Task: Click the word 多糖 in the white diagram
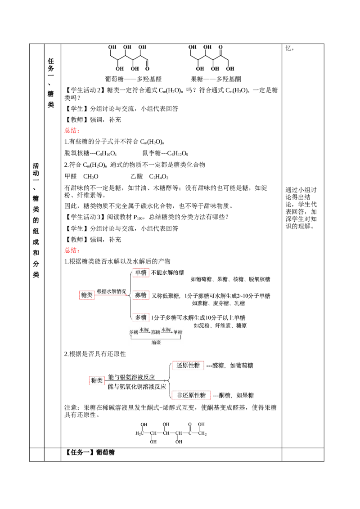coord(134,332)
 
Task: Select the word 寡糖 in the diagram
coord(156,332)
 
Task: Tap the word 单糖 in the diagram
coord(178,332)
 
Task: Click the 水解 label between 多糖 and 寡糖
coord(144,330)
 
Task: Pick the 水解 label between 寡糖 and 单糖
coord(166,330)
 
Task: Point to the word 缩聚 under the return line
coord(156,342)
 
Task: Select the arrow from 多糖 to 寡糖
coord(144,333)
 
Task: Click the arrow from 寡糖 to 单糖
coord(166,333)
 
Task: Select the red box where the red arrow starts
coord(86,295)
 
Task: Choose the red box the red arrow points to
coord(140,295)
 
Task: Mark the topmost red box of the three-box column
coord(140,273)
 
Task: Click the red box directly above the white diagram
coord(140,317)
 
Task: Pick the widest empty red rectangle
coord(191,396)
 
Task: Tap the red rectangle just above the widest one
coord(188,365)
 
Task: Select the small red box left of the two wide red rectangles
coord(97,381)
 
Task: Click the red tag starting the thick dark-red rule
coord(71,250)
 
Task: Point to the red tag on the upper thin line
coord(71,130)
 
